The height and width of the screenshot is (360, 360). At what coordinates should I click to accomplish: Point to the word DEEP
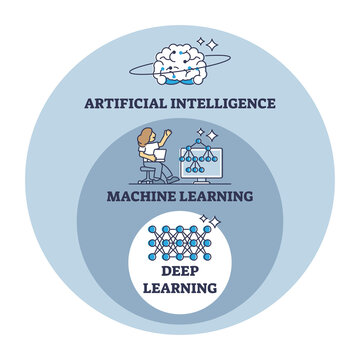pyautogui.click(x=180, y=272)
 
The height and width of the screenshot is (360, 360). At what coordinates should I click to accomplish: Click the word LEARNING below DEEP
pyautogui.click(x=180, y=289)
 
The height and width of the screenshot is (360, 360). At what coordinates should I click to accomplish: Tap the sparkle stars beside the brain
pyautogui.click(x=209, y=45)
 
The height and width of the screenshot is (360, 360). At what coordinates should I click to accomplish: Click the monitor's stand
pyautogui.click(x=207, y=180)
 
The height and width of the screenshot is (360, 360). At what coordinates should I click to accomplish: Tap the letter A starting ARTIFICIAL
pyautogui.click(x=89, y=103)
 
